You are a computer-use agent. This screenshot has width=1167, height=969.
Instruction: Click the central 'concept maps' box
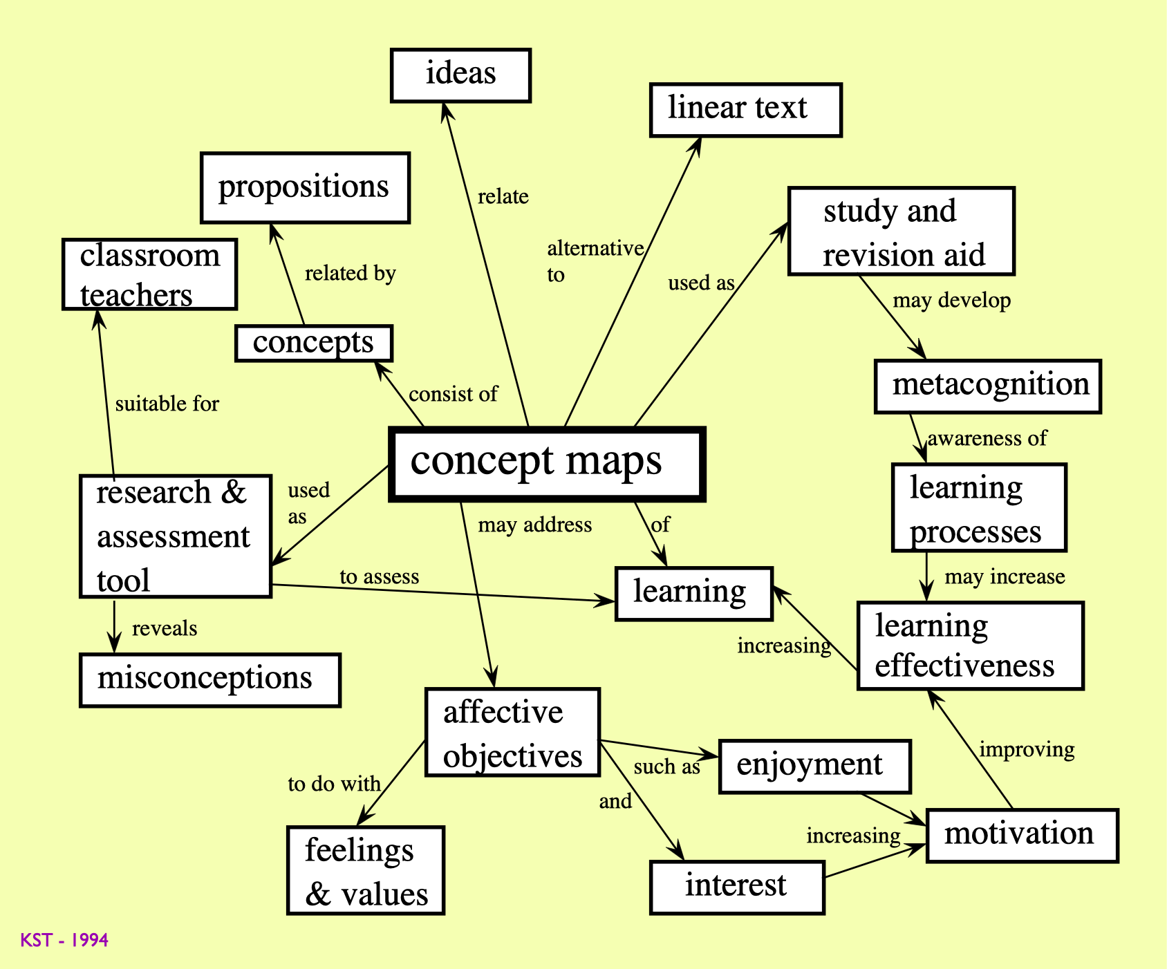[x=547, y=463]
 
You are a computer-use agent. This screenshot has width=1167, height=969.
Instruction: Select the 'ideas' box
[x=460, y=75]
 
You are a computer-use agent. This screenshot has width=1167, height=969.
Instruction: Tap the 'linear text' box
[x=745, y=110]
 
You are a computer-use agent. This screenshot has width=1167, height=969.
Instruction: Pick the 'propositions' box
[x=305, y=187]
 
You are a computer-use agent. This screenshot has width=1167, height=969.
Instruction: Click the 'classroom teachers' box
[x=149, y=274]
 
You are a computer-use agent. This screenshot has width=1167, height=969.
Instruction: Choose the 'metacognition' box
[x=987, y=386]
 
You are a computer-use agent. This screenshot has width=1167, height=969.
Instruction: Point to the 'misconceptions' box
[x=210, y=679]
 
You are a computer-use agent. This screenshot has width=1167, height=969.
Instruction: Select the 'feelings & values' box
[x=366, y=870]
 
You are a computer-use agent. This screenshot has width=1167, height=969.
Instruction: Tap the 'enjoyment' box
[x=814, y=766]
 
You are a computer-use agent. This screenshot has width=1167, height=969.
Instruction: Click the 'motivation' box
[x=1021, y=835]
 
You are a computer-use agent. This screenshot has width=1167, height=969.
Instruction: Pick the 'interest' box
[x=737, y=887]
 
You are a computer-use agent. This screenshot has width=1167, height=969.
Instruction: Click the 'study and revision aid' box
[x=901, y=232]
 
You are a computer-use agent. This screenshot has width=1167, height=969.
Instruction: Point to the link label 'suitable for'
[x=167, y=404]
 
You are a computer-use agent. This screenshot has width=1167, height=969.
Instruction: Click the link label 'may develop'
[x=951, y=301]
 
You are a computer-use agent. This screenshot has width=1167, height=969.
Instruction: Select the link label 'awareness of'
[x=987, y=438]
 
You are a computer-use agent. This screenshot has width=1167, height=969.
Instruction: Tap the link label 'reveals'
[x=165, y=628]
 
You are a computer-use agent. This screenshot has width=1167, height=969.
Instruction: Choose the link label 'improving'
[x=1027, y=749]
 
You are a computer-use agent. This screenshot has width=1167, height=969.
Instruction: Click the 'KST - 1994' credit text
[x=64, y=940]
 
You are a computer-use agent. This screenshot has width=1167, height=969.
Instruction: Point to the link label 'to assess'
[x=379, y=577]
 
